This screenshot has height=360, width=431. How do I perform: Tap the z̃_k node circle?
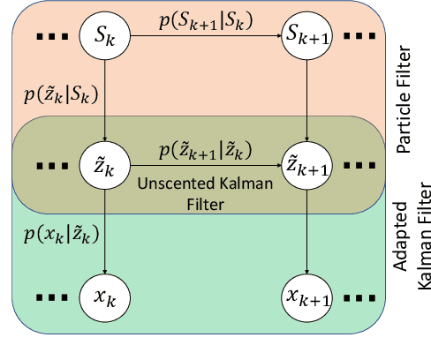point(105,164)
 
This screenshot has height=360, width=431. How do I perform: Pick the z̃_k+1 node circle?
point(306,164)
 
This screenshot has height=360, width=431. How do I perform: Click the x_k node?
point(105,295)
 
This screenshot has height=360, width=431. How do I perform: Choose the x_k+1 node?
point(306,295)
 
